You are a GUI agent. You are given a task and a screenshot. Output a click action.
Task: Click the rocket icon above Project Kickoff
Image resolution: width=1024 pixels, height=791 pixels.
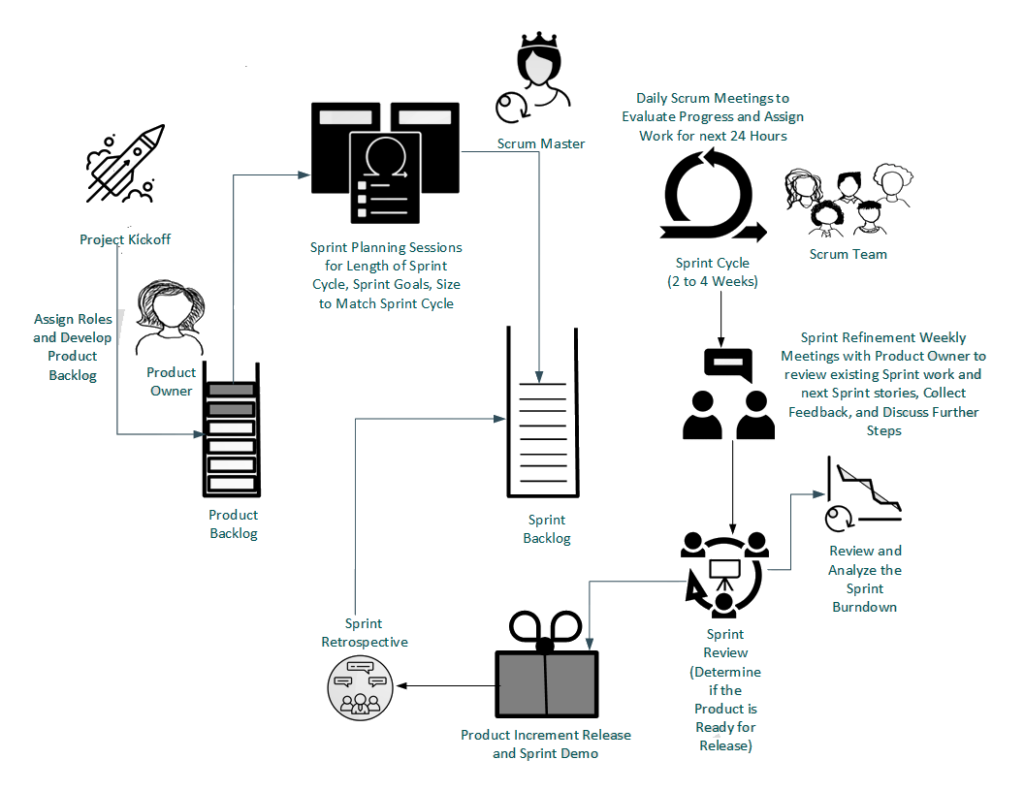pyautogui.click(x=123, y=165)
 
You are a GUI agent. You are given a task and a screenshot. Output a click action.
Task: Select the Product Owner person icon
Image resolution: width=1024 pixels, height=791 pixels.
pyautogui.click(x=169, y=315)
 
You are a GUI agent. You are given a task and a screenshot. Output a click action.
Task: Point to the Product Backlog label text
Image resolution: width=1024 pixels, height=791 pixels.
pyautogui.click(x=233, y=524)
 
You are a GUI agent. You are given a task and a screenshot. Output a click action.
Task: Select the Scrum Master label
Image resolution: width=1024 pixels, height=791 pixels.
pyautogui.click(x=541, y=144)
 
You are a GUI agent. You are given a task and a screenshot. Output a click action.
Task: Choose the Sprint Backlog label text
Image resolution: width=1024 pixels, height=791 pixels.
pyautogui.click(x=547, y=529)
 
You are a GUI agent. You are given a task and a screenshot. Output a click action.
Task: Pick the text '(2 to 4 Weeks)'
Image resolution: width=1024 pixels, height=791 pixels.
pyautogui.click(x=713, y=281)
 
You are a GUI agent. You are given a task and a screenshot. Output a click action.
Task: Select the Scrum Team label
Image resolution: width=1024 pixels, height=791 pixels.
pyautogui.click(x=848, y=254)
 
